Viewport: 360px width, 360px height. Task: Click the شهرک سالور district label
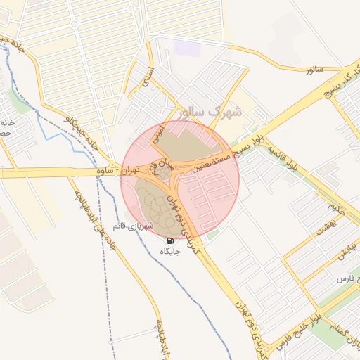210,111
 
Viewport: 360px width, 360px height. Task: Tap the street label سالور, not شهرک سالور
309,71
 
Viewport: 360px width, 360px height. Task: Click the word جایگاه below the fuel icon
171,251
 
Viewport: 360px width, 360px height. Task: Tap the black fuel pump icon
171,240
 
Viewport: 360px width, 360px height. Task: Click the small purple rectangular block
186,49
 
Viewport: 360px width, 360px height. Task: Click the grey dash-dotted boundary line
101,232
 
